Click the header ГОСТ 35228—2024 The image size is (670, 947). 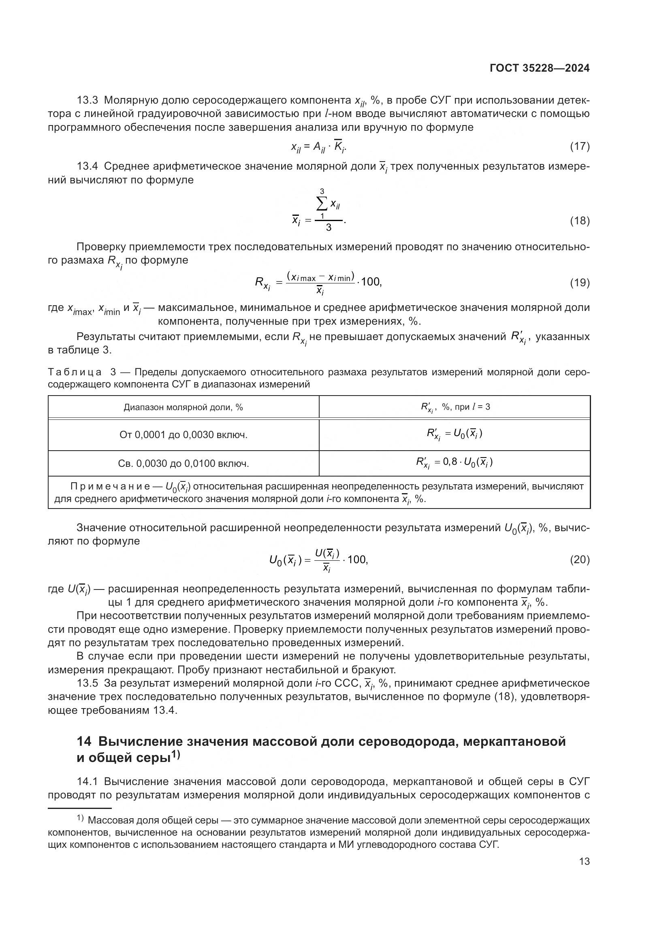pos(539,68)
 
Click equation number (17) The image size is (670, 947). pos(580,146)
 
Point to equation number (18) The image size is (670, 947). pos(580,221)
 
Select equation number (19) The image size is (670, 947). pos(580,283)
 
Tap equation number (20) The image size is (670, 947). pos(580,560)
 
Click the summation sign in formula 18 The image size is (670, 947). pos(322,204)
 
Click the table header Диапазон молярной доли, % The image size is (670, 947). pos(183,408)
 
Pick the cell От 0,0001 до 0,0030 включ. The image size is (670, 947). pos(183,435)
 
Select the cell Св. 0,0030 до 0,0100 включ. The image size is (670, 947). pos(183,464)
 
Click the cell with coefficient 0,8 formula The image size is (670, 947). pos(454,462)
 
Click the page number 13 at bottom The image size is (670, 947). pos(584,861)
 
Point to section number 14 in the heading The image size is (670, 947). pos(84,742)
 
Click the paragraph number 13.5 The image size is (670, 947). pos(87,683)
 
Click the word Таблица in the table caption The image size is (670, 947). pos(75,372)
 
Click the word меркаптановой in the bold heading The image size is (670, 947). pos(514,742)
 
